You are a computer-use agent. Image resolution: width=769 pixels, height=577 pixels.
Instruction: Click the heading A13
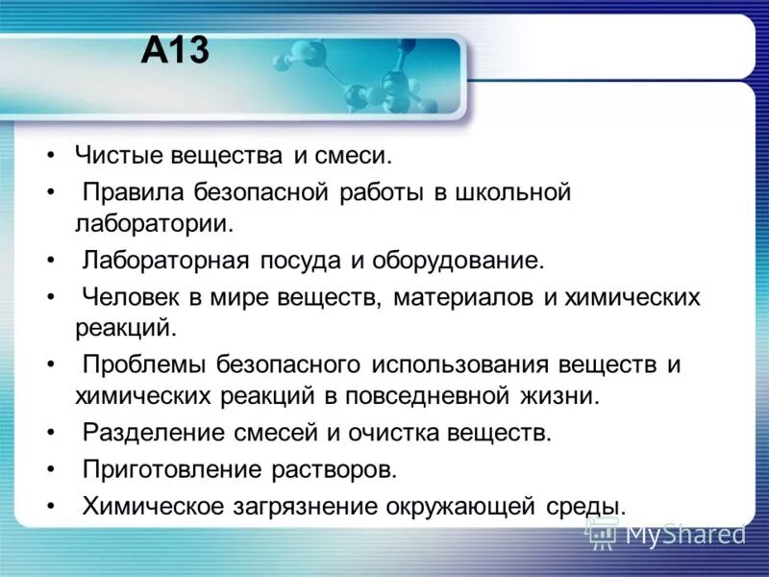[x=174, y=50]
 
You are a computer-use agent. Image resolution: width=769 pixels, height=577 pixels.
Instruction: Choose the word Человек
[x=136, y=297]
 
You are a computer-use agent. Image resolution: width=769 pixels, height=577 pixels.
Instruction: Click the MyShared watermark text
[x=685, y=534]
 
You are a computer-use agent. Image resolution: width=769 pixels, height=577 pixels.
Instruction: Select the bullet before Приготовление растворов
[x=50, y=470]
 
